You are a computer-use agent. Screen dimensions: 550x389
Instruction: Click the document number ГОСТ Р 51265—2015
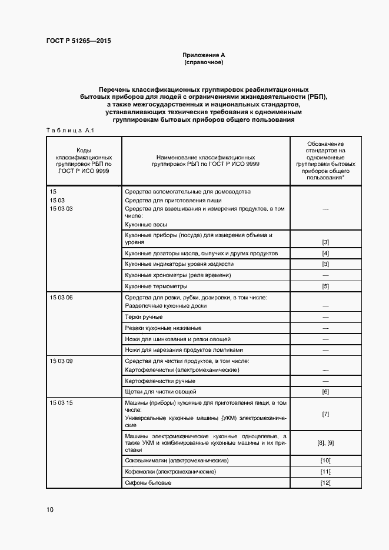[78, 41]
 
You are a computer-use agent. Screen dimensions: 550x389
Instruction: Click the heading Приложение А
[204, 54]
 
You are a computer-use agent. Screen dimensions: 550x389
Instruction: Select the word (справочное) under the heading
[204, 62]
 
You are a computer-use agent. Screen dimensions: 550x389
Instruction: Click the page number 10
[49, 509]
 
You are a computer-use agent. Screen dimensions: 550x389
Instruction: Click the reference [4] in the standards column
[325, 253]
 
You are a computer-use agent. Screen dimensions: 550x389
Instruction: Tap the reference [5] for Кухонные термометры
[325, 286]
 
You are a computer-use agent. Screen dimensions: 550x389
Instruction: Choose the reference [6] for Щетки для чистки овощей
[325, 391]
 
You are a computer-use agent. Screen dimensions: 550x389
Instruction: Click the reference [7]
[325, 414]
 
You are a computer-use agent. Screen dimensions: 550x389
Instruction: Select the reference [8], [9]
[325, 442]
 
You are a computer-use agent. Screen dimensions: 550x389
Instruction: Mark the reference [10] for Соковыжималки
[325, 460]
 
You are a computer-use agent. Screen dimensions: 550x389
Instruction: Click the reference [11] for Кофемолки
[325, 472]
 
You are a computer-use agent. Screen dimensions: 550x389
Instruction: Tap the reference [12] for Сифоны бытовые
[325, 483]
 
